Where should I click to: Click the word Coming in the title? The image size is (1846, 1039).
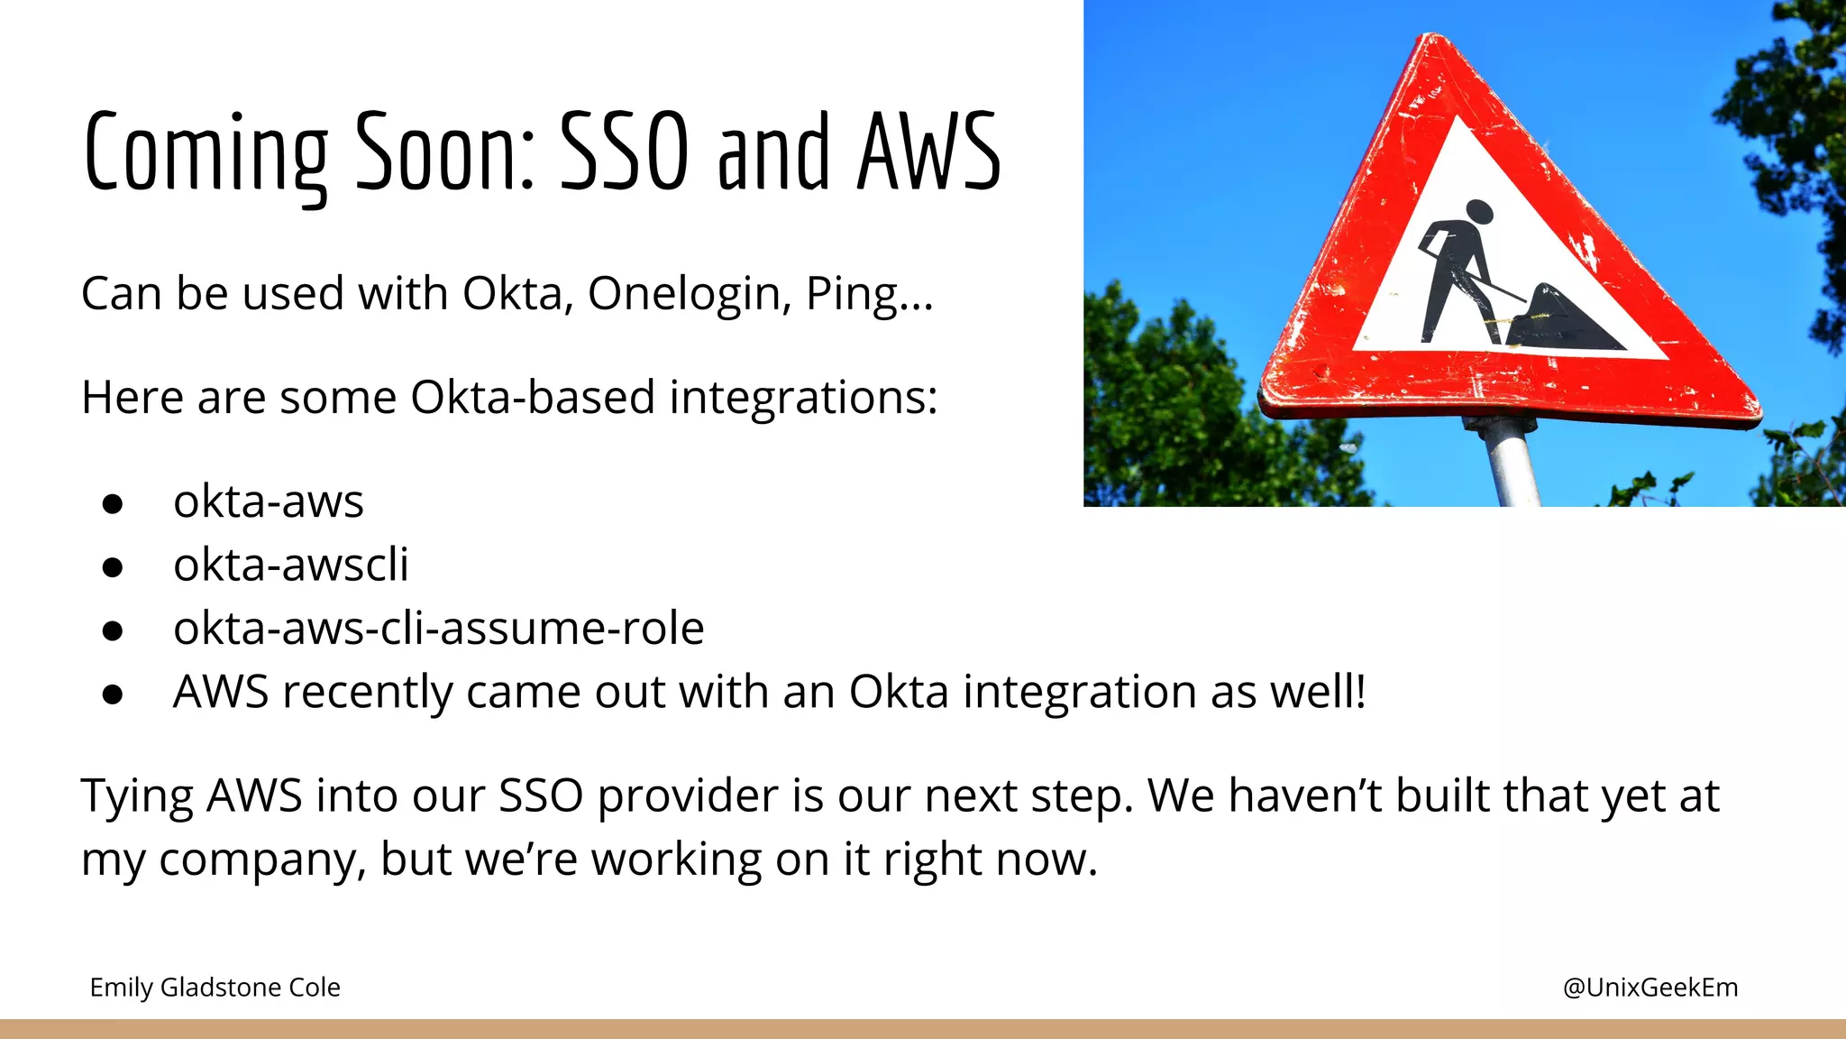tap(206, 153)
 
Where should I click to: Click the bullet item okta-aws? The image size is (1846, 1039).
tap(269, 501)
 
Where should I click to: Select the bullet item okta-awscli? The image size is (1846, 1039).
tap(290, 565)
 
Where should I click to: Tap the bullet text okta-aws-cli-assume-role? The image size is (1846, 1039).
tap(438, 629)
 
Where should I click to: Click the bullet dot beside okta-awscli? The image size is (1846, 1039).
tap(113, 567)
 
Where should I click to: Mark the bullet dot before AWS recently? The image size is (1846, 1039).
tap(113, 694)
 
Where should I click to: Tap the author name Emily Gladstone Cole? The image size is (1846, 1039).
tap(215, 988)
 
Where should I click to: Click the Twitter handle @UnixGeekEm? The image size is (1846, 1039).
tap(1650, 988)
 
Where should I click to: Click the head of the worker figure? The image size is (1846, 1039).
tap(1479, 213)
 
